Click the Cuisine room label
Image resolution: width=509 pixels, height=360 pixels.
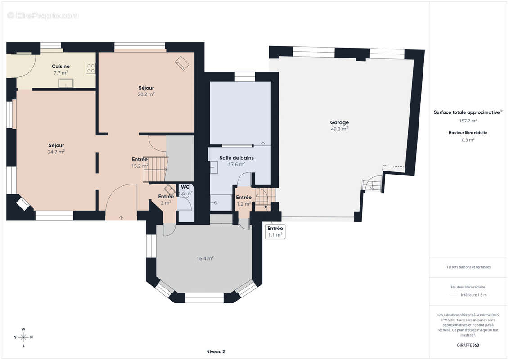(x=61, y=66)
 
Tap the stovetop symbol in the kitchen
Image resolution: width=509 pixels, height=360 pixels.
(x=91, y=68)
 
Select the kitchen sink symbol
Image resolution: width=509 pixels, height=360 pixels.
(x=66, y=83)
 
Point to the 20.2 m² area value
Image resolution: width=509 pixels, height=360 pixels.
(x=146, y=94)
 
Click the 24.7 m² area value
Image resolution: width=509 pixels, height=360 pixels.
(x=56, y=152)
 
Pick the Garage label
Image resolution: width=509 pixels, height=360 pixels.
(x=339, y=122)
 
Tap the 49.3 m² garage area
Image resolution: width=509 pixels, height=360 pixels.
(x=339, y=129)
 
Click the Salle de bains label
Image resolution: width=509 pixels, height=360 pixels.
(x=236, y=158)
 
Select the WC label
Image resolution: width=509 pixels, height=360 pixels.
(x=185, y=187)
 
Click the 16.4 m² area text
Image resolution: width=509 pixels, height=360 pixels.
(x=205, y=258)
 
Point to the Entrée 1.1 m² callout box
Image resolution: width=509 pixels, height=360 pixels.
(x=275, y=231)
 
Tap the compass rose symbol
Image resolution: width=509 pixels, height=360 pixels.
(x=23, y=337)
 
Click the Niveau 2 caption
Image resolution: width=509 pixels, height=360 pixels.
(x=216, y=351)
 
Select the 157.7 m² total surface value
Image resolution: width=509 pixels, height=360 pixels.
(x=468, y=121)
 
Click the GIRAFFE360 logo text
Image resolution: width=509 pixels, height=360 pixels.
(x=468, y=345)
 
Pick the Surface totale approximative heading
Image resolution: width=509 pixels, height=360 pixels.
(x=468, y=112)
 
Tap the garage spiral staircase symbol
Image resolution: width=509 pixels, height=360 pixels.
(x=372, y=184)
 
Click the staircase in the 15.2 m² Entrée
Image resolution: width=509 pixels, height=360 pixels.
(x=156, y=169)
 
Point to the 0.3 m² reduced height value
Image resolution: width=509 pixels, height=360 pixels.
(x=468, y=140)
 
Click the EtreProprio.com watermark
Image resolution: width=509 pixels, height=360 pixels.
(x=43, y=15)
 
